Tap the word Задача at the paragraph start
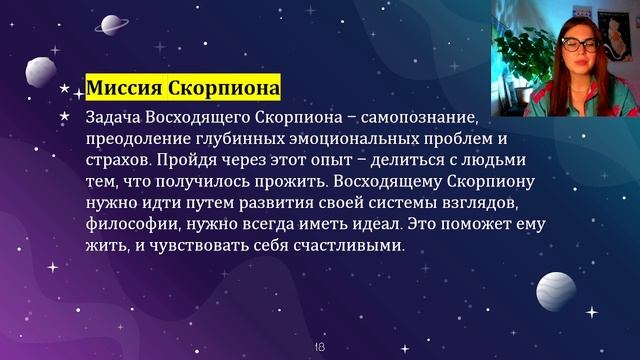[x=118, y=118]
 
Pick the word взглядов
[x=456, y=203]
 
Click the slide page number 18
[x=320, y=345]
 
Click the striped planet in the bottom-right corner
[x=556, y=291]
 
